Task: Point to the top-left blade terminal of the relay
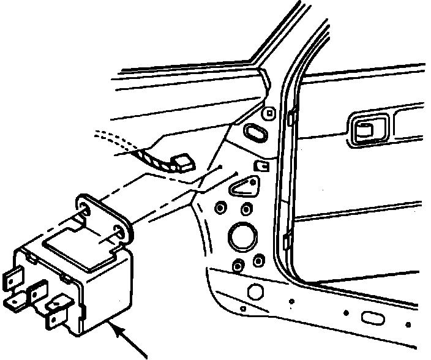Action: point(13,280)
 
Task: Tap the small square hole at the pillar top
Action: point(269,113)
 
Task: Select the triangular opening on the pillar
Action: point(244,186)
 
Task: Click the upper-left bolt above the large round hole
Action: point(219,209)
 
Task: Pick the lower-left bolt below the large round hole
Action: point(237,264)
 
